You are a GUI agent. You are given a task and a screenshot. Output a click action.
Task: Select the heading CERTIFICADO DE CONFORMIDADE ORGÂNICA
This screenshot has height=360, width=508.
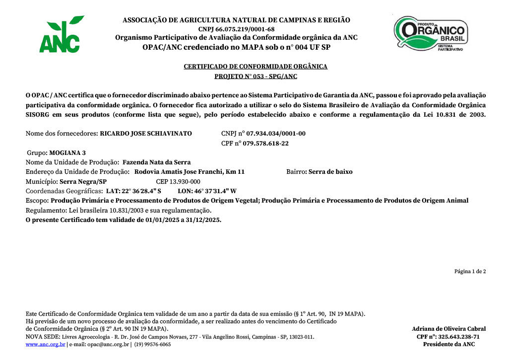click(255, 67)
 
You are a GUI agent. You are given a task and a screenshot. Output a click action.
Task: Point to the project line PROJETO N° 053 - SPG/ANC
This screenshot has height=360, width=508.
click(255, 76)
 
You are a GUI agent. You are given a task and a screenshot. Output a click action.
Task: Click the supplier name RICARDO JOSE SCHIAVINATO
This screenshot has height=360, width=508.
click(146, 134)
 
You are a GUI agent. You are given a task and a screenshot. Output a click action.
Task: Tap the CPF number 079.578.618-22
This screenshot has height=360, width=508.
click(265, 144)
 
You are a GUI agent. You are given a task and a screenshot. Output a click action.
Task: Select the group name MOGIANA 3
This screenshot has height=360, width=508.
click(67, 152)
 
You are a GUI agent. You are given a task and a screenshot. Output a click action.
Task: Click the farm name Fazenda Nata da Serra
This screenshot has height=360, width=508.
click(156, 162)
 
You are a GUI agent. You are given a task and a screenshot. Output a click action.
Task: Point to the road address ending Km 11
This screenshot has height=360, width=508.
click(190, 172)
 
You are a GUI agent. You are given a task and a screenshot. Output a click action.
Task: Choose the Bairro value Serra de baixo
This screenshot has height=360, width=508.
click(330, 172)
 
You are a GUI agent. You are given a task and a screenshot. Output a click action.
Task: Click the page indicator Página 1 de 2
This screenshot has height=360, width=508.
click(470, 272)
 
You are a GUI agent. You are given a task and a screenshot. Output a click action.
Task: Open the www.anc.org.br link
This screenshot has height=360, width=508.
click(45, 345)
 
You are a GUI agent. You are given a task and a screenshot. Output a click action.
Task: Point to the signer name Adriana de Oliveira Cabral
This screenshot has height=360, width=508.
click(448, 329)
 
